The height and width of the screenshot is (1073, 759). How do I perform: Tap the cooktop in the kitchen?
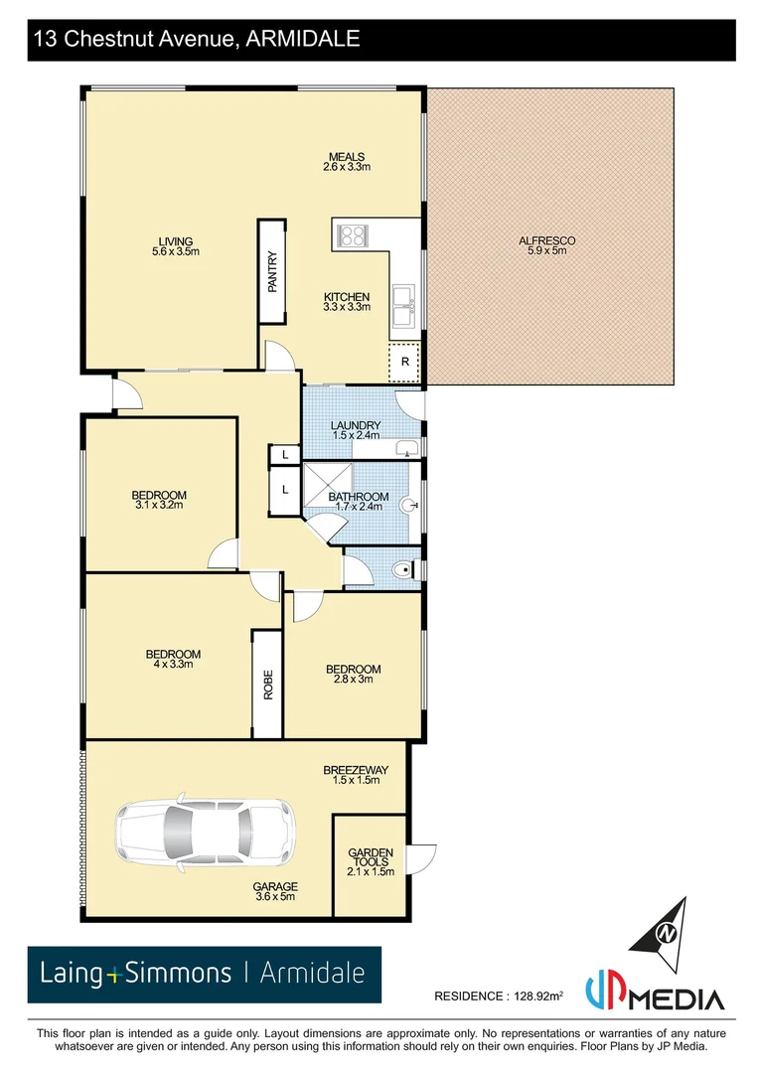click(352, 235)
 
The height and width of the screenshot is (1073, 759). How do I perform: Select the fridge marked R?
click(404, 362)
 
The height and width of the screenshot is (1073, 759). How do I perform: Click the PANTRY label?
click(272, 271)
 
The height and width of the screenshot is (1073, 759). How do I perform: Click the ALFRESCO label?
click(546, 240)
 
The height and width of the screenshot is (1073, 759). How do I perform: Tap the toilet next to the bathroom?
click(400, 570)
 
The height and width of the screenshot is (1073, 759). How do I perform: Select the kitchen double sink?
click(404, 305)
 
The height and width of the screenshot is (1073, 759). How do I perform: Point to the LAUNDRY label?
click(356, 426)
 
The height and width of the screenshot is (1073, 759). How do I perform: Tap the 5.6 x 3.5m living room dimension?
click(175, 251)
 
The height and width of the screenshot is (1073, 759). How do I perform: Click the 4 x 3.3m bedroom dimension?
click(173, 664)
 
